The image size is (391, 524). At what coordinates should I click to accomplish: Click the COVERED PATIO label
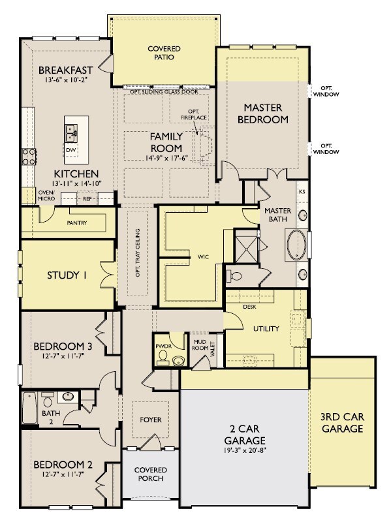164,53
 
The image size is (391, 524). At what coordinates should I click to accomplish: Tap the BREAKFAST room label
65,70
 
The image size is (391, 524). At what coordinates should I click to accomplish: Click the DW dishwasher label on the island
71,150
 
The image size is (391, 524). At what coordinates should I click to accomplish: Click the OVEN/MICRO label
46,196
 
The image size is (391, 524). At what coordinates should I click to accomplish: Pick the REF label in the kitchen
86,198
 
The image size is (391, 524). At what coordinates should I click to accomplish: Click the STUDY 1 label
67,275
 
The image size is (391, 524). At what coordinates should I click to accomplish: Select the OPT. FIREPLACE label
193,115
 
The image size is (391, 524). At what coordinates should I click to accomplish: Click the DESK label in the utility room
249,306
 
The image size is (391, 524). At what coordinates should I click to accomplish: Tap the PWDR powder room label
163,345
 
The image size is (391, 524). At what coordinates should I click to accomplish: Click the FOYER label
149,420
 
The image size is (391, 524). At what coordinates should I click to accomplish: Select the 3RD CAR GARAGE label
341,423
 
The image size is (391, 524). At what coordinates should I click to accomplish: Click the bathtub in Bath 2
29,407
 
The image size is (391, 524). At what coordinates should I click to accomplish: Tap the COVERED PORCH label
150,474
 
